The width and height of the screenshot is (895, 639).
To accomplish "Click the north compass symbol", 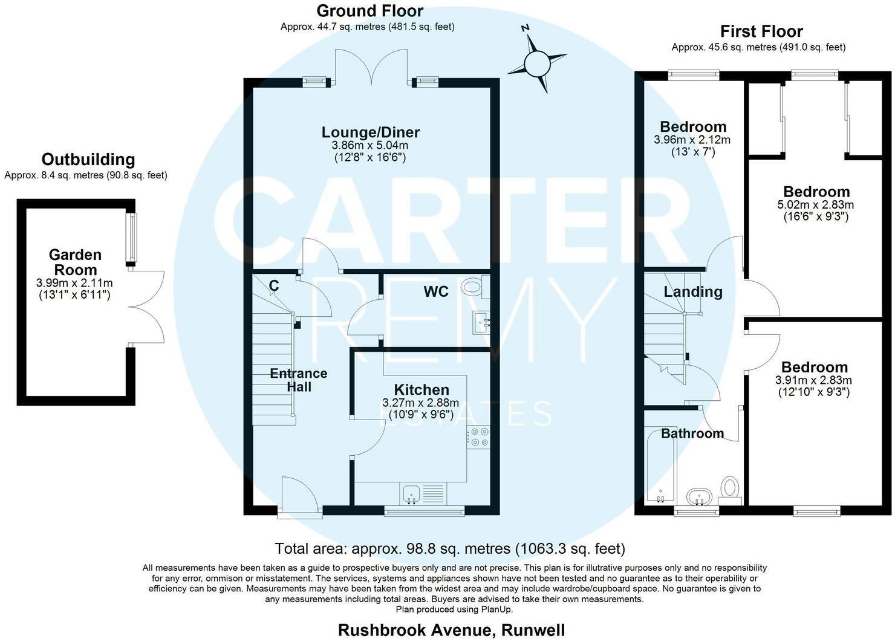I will pyautogui.click(x=536, y=62).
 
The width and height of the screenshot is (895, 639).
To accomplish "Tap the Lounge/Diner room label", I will pyautogui.click(x=370, y=132).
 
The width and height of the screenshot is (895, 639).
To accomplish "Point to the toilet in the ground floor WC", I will pyautogui.click(x=473, y=287).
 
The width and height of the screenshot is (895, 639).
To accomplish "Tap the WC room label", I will pyautogui.click(x=435, y=292).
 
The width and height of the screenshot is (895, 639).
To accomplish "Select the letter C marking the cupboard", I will pyautogui.click(x=273, y=285).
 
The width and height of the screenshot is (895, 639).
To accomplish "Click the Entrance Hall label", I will pyautogui.click(x=298, y=380).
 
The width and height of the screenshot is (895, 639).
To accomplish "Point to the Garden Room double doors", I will pyautogui.click(x=146, y=307).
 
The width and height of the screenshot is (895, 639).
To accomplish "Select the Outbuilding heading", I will pyautogui.click(x=88, y=160).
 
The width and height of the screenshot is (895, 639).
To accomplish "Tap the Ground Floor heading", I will pyautogui.click(x=369, y=11).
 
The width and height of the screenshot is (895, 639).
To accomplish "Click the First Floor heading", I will pyautogui.click(x=761, y=31).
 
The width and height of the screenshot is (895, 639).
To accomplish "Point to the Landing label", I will pyautogui.click(x=692, y=292).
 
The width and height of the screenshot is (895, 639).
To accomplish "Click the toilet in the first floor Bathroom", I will pyautogui.click(x=731, y=488).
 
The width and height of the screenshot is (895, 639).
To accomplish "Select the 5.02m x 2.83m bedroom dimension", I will pyautogui.click(x=815, y=205).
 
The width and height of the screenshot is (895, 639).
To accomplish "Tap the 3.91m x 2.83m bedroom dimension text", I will pyautogui.click(x=813, y=380).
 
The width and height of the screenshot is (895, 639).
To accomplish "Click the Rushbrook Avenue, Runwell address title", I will pyautogui.click(x=451, y=629).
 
